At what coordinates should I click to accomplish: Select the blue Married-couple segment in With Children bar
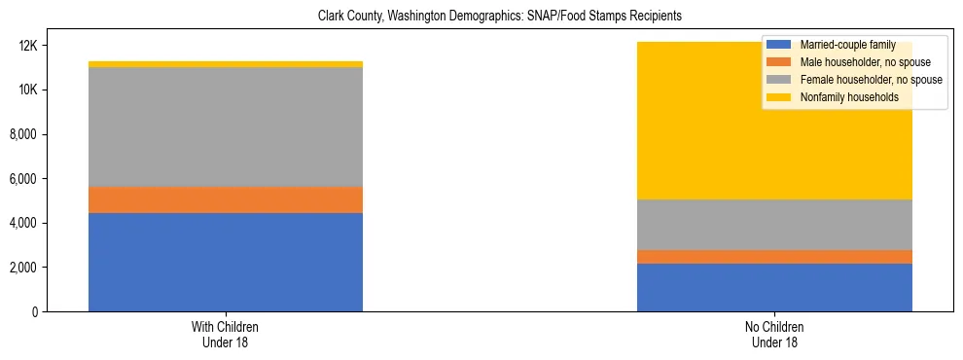[x=226, y=262]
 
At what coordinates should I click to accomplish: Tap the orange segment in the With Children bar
[x=226, y=199]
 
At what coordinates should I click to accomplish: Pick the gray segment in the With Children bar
[x=226, y=126]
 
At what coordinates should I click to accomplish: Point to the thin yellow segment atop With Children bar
[x=226, y=64]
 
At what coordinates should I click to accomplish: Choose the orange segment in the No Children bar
[x=774, y=257]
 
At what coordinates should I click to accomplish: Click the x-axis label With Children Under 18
[x=226, y=334]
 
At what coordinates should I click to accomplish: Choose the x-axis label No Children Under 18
[x=774, y=334]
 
